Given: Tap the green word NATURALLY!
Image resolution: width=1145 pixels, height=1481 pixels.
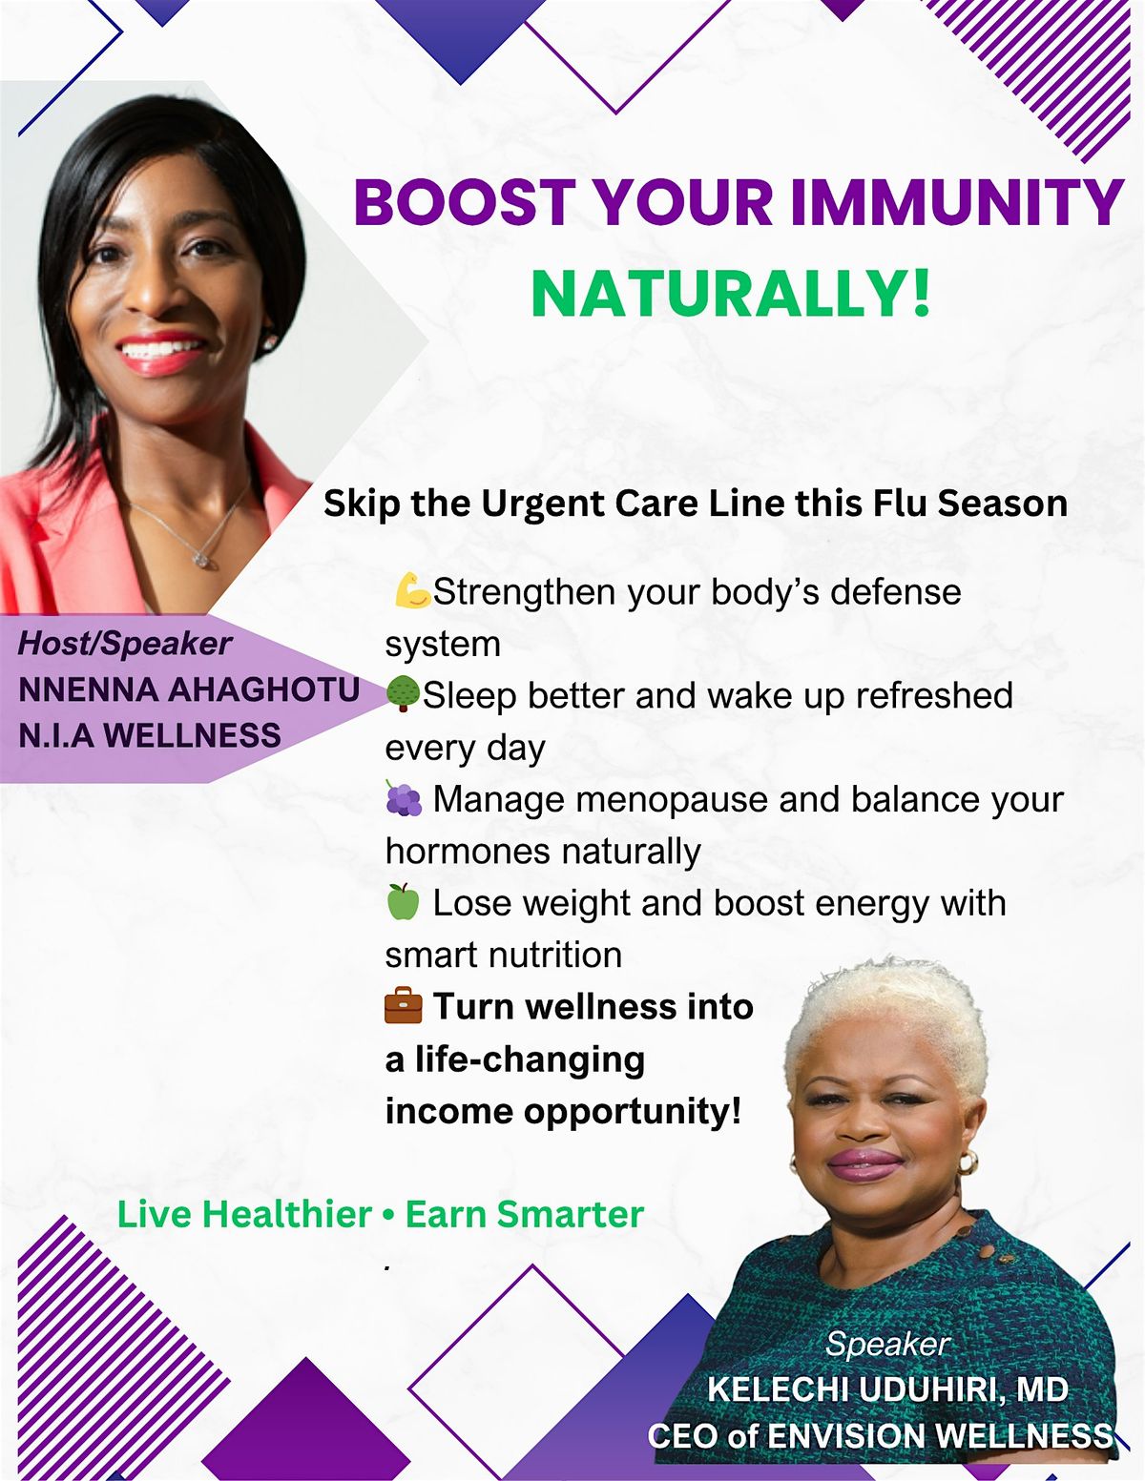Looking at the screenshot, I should [x=730, y=294].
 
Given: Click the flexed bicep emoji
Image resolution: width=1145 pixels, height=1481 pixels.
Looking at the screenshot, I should [x=411, y=591].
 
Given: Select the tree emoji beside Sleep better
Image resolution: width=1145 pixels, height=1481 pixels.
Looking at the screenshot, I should [x=403, y=694].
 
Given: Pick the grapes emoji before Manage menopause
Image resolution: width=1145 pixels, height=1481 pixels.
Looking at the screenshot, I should [x=404, y=799].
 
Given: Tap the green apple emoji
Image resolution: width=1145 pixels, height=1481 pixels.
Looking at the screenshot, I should [x=403, y=901].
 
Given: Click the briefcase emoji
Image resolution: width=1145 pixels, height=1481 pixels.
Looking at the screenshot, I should [x=403, y=1006].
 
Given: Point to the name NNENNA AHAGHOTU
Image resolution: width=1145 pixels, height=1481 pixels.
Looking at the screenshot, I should [x=189, y=689].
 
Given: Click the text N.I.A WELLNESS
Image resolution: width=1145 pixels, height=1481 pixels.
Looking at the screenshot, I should [x=150, y=735].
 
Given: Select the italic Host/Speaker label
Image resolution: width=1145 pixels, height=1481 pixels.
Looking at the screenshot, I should [x=124, y=644].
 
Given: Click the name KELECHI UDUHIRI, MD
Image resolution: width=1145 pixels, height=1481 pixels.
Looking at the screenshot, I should [x=887, y=1389].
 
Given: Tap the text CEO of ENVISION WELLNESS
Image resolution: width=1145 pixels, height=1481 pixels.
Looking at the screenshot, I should [x=880, y=1435].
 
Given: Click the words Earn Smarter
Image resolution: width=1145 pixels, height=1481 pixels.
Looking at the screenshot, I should [x=525, y=1214].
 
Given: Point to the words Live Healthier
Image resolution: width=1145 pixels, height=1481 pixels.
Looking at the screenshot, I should [x=244, y=1214].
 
